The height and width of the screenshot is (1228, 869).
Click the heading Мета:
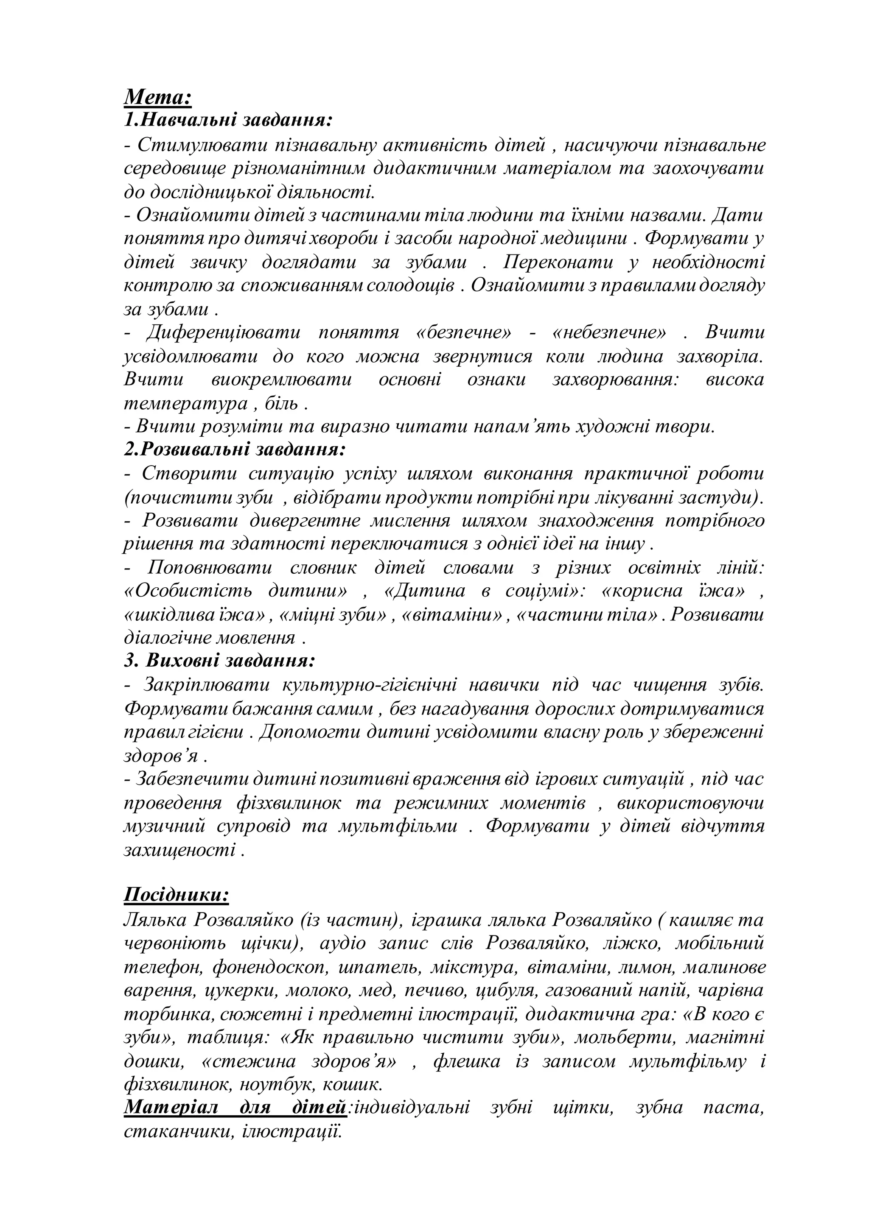[158, 98]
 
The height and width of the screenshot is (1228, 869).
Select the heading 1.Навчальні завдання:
[228, 120]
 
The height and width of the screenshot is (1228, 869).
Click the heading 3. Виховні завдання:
[219, 661]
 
